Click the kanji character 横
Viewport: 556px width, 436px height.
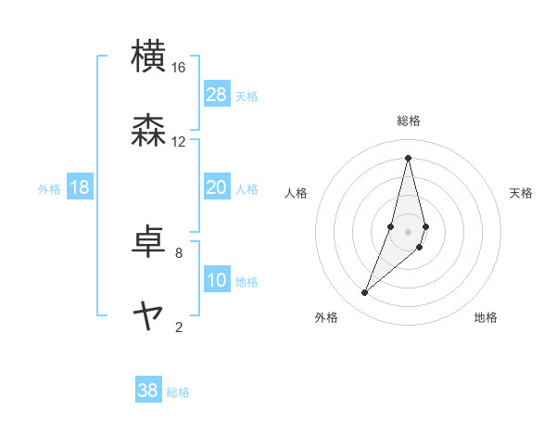click(149, 57)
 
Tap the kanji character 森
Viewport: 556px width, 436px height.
click(149, 130)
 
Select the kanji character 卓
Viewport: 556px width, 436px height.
click(149, 241)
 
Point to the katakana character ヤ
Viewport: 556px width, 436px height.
click(149, 315)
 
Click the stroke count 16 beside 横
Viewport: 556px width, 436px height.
click(179, 68)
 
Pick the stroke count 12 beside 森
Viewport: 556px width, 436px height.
click(179, 141)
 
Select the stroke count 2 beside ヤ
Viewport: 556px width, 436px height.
click(179, 327)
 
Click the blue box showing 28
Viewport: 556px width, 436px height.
click(217, 95)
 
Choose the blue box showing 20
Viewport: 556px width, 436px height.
click(217, 187)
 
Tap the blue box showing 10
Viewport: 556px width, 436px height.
click(217, 280)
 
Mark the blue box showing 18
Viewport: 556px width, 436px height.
click(80, 187)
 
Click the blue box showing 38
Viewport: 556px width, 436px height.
click(148, 391)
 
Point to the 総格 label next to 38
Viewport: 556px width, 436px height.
click(178, 392)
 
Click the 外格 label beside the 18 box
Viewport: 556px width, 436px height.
click(49, 189)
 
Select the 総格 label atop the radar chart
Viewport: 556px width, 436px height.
click(408, 121)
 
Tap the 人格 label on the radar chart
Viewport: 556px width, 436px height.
click(297, 193)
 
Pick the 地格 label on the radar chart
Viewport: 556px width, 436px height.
click(486, 318)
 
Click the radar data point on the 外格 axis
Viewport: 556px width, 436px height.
click(364, 293)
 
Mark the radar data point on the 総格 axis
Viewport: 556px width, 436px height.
click(408, 157)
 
